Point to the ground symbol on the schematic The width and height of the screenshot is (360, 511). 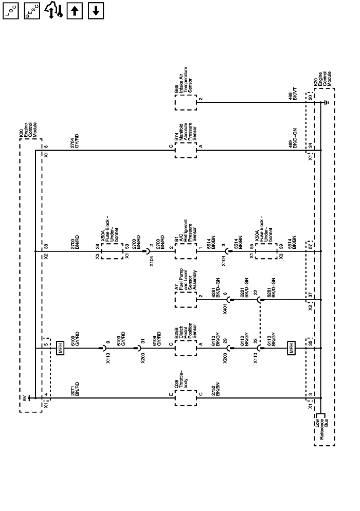tap(327, 102)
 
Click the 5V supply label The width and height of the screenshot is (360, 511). tap(24, 397)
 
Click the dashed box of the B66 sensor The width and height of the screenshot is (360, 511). tap(186, 102)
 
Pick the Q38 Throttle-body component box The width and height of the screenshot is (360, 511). tap(186, 397)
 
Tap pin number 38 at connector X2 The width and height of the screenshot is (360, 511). tap(46, 247)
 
